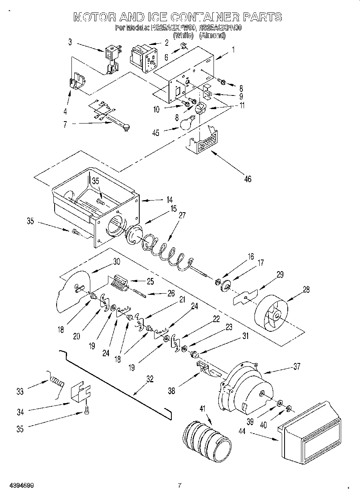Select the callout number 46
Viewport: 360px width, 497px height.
click(248, 179)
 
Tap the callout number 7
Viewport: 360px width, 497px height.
click(65, 124)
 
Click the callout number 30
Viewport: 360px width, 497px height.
click(116, 261)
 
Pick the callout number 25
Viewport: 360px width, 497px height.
click(150, 281)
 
